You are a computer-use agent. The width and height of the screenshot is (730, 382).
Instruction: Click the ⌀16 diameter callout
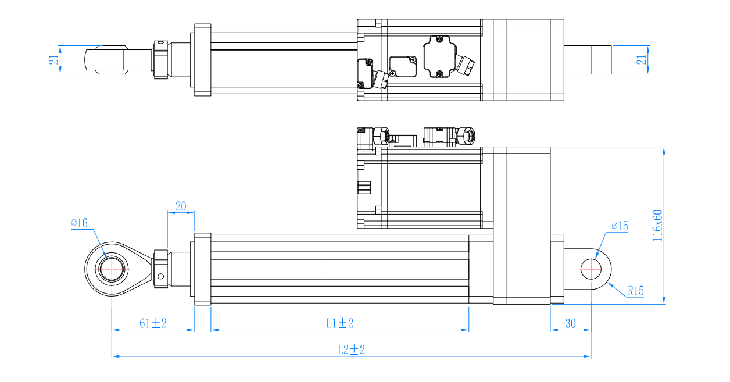80,223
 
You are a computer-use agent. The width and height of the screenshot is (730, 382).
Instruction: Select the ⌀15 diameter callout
620,226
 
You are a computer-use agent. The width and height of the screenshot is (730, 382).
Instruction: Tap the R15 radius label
636,291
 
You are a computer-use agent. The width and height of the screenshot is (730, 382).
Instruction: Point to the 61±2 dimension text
153,323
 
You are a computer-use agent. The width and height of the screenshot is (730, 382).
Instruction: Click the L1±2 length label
340,323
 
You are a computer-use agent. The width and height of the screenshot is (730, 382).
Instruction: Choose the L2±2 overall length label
351,350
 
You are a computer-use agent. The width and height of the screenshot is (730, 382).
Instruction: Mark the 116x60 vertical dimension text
657,226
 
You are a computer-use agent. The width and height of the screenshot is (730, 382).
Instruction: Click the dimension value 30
570,324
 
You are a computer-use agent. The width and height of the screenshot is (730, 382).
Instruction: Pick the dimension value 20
181,206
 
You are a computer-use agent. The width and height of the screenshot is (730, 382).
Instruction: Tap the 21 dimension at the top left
54,60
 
